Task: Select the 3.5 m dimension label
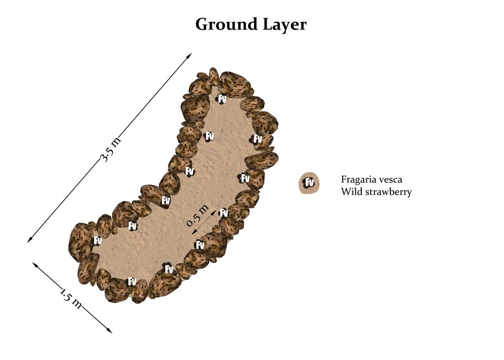pos(110,150)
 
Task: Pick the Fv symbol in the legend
pos(309,183)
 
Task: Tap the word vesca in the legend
pos(392,180)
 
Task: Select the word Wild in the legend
pos(350,192)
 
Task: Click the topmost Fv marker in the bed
pos(222,99)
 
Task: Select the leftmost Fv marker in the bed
pos(97,241)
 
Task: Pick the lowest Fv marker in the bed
pos(132,281)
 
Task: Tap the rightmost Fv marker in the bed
pos(257,139)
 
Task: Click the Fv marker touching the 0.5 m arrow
pos(223,213)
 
